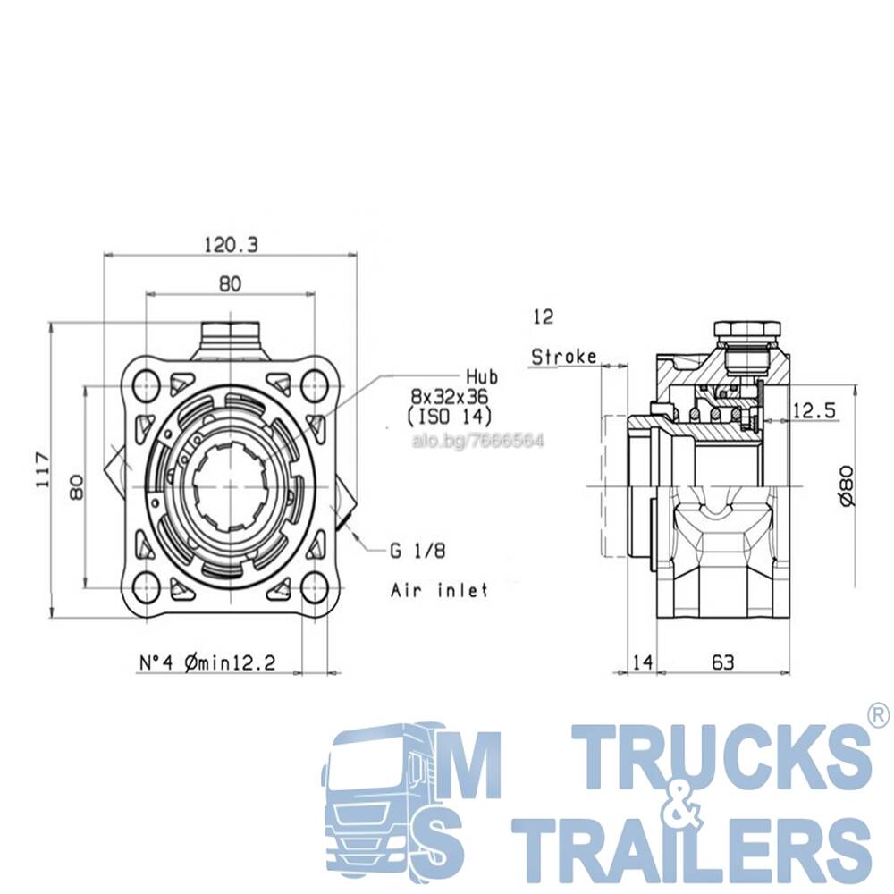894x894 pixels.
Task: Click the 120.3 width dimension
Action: click(231, 245)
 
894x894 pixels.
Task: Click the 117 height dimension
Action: click(43, 470)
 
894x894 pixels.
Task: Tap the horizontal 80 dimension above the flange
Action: click(231, 283)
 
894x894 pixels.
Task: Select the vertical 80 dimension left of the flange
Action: click(76, 486)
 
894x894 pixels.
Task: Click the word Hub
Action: click(482, 377)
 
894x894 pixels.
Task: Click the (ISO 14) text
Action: click(450, 417)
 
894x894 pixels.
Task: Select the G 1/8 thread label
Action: click(417, 551)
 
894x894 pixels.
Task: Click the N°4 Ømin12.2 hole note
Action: click(207, 662)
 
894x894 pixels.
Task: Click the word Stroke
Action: click(564, 357)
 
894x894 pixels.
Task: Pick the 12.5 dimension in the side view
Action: click(814, 410)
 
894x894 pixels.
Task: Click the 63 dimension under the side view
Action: click(723, 662)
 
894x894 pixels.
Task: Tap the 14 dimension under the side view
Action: click(642, 662)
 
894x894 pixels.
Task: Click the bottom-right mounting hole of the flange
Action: click(314, 588)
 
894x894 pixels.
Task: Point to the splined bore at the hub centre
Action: click(231, 486)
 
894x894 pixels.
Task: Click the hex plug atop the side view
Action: click(746, 330)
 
